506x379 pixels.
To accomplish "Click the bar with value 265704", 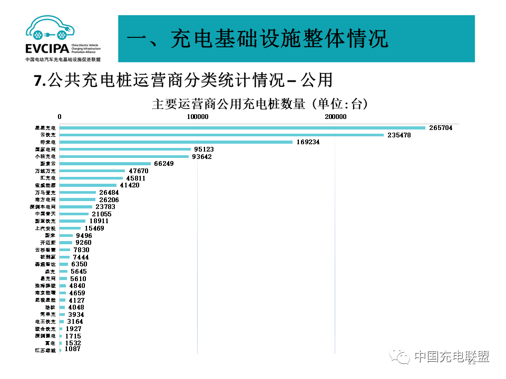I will pos(242,128).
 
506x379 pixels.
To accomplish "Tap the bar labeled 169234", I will pos(176,142).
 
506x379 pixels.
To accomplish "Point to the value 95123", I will pos(204,149).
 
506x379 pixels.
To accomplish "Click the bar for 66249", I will pos(105,164).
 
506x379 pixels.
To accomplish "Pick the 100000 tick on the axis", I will pos(197,116).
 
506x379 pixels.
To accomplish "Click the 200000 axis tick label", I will pos(335,116).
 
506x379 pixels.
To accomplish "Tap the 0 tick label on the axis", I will pos(60,116).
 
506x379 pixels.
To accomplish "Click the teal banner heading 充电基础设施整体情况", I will pos(258,39).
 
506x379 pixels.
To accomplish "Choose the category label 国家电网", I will pos(45,149).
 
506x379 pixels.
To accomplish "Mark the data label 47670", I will pos(139,171).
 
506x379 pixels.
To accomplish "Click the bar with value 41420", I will pos(88,185).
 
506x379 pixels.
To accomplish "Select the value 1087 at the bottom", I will pos(72,349).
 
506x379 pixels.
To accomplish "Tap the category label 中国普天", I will pos(45,214).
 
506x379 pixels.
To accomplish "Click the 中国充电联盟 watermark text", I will pos(451,357).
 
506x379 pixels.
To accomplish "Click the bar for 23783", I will pos(76,207).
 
